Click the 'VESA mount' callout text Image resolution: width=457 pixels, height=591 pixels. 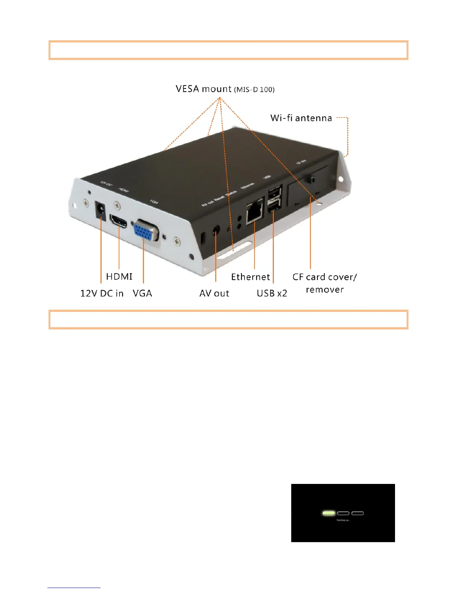203,89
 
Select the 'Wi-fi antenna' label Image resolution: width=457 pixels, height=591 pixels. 301,118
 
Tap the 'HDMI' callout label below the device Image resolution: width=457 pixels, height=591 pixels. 119,276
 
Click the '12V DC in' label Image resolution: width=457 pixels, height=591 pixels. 102,293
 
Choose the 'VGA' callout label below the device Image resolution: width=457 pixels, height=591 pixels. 142,293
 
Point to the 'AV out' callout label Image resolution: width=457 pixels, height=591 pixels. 214,293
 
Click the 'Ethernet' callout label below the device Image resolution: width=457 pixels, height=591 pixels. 250,277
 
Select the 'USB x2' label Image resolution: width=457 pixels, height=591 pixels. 272,293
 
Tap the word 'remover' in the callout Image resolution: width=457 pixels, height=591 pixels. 324,290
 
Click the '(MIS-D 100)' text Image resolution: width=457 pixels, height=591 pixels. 254,90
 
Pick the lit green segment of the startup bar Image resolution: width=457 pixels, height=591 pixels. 329,513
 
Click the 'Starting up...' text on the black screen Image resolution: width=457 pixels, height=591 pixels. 343,520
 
